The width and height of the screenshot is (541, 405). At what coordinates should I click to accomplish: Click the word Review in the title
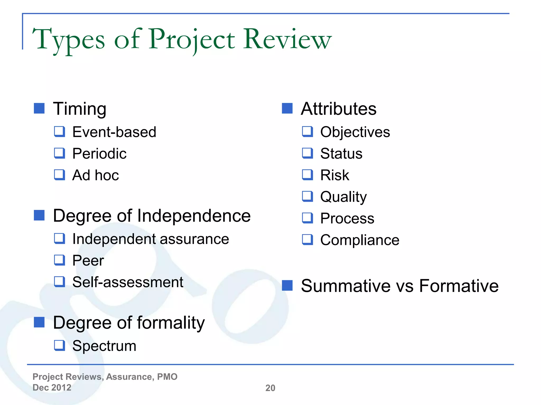(287, 39)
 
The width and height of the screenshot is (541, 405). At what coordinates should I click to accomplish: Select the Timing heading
(80, 109)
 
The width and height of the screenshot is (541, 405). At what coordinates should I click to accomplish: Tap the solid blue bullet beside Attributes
(287, 108)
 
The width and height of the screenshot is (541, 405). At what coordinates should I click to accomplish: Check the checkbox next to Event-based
(59, 132)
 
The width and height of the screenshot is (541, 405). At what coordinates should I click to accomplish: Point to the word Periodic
(99, 153)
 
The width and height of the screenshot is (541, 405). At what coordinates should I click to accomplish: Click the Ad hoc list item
(96, 175)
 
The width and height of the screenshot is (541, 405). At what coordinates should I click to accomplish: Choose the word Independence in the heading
(194, 216)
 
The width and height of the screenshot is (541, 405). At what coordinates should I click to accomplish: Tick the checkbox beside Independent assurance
(59, 239)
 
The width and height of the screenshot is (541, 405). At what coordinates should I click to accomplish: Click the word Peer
(88, 261)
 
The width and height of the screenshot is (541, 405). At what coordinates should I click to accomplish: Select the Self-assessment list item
(128, 282)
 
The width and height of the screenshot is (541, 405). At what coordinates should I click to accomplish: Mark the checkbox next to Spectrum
(59, 345)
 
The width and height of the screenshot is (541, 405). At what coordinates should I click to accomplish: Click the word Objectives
(355, 132)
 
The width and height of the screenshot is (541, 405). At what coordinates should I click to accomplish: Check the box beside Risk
(307, 175)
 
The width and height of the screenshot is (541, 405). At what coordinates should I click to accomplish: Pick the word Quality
(343, 197)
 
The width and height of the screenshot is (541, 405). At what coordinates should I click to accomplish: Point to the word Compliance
(360, 240)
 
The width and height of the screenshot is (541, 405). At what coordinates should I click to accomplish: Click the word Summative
(344, 286)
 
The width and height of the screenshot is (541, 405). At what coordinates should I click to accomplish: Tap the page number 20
(270, 388)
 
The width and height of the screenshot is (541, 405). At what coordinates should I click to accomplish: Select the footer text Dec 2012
(52, 388)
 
